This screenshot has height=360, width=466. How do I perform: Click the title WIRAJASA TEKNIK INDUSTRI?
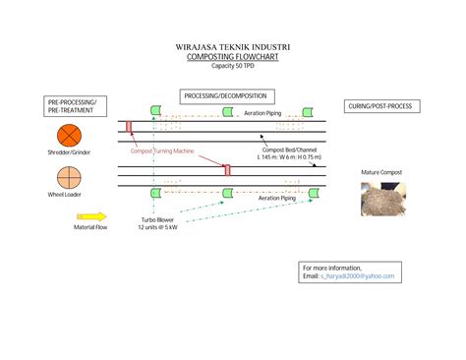tap(232, 47)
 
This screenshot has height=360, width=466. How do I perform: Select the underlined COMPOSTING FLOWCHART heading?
tap(232, 57)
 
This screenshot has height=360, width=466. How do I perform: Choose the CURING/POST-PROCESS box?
tap(379, 105)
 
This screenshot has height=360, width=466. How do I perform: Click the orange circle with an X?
tap(69, 135)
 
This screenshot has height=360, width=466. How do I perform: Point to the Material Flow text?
tap(90, 227)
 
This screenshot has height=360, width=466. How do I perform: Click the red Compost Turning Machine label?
tap(162, 151)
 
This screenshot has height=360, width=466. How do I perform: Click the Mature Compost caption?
tap(382, 172)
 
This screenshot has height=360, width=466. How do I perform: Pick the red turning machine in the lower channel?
tap(227, 170)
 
